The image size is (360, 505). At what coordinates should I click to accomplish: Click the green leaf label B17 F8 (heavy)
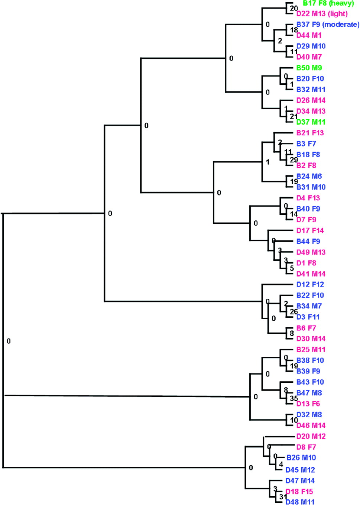pyautogui.click(x=328, y=3)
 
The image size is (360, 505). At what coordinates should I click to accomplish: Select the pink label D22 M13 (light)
pyautogui.click(x=322, y=14)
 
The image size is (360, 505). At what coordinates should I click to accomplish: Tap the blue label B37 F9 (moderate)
pyautogui.click(x=328, y=25)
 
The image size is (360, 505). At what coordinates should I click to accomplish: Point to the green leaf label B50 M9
pyautogui.click(x=309, y=68)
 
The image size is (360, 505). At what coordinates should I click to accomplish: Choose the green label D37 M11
pyautogui.click(x=311, y=122)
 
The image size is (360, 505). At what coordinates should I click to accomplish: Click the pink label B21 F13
pyautogui.click(x=310, y=133)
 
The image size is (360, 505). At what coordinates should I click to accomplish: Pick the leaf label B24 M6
pyautogui.click(x=309, y=177)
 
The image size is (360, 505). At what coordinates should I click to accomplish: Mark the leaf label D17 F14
pyautogui.click(x=310, y=230)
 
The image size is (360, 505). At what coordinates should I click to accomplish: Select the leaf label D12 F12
pyautogui.click(x=310, y=285)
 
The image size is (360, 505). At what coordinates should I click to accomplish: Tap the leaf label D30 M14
pyautogui.click(x=311, y=339)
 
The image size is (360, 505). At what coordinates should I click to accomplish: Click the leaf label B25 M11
pyautogui.click(x=311, y=350)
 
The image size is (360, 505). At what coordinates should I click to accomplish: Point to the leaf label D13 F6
pyautogui.click(x=308, y=404)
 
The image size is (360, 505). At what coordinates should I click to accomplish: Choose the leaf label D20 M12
pyautogui.click(x=311, y=436)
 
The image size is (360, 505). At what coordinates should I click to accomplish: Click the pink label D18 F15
pyautogui.click(x=299, y=492)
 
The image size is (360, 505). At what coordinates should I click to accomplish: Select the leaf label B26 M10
pyautogui.click(x=301, y=458)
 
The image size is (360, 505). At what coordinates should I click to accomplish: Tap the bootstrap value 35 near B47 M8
pyautogui.click(x=294, y=398)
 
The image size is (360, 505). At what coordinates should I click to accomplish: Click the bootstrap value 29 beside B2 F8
pyautogui.click(x=294, y=160)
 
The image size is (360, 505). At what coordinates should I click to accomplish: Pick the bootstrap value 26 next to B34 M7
pyautogui.click(x=294, y=312)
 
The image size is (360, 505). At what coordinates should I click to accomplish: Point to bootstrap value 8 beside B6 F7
pyautogui.click(x=292, y=334)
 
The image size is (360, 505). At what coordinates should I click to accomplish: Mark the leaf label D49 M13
pyautogui.click(x=311, y=252)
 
